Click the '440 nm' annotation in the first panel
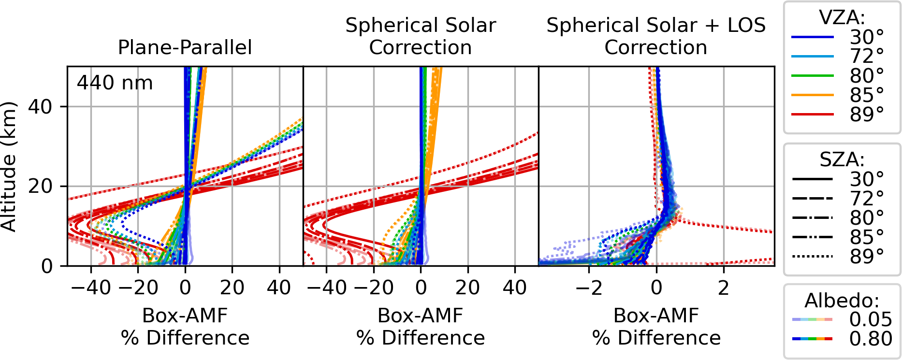point(115,83)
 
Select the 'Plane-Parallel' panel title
point(185,47)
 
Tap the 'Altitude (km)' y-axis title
point(9,166)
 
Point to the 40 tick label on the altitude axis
point(41,107)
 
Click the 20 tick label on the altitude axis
point(41,187)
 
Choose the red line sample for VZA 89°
point(812,115)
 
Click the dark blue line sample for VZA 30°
point(812,37)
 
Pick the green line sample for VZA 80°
point(812,76)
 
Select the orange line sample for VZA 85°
point(812,95)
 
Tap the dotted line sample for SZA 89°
point(812,257)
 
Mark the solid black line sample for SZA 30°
point(812,179)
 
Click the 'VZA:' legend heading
point(842,18)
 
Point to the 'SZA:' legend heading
point(842,159)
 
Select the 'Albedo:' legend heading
point(842,301)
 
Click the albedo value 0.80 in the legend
point(870,339)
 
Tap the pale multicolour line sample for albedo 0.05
point(812,319)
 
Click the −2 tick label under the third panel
point(589,288)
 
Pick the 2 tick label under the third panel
point(723,288)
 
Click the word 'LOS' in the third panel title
point(746,25)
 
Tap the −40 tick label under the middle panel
point(326,288)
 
